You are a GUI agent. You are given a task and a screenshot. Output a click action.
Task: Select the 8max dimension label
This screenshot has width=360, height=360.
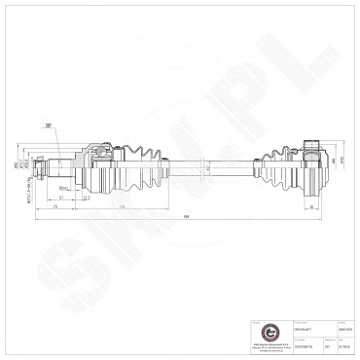pos(63,187)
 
